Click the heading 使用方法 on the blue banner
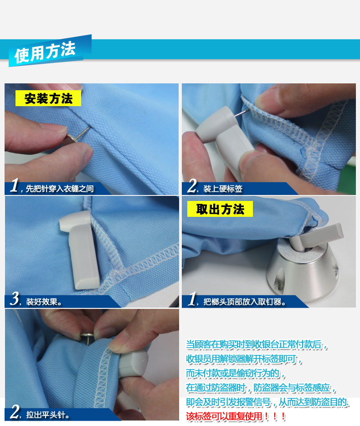click(45, 51)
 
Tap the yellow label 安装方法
click(48, 98)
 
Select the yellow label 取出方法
click(220, 209)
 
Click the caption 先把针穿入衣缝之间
click(60, 189)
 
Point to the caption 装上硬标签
click(223, 189)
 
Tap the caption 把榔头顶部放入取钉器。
click(245, 302)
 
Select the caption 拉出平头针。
click(48, 415)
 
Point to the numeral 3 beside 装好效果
click(15, 299)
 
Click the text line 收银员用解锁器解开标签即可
click(244, 359)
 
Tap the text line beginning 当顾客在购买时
click(257, 344)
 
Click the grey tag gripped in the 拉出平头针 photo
click(133, 364)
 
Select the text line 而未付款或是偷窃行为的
click(235, 373)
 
